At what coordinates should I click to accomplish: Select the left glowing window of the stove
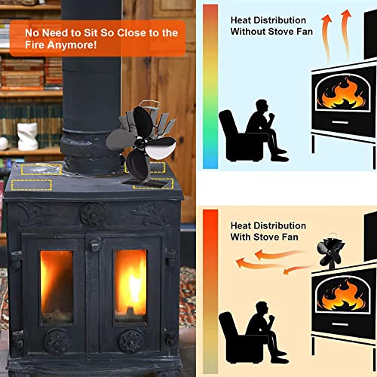pos(57,285)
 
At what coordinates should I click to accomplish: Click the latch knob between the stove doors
pos(94,245)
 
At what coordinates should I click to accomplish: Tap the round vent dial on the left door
pos(57,340)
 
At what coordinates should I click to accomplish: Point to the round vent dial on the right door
pos(131,340)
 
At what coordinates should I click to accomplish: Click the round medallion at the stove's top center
pos(93,213)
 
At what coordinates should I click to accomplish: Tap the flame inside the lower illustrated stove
pos(344,295)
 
